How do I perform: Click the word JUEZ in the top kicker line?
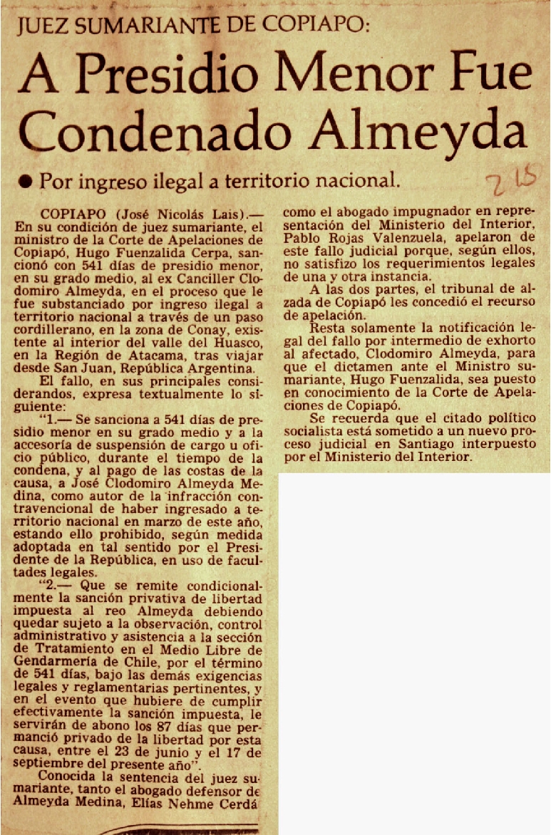point(44,26)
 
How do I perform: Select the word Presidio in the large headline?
point(165,74)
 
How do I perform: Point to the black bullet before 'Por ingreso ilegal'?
point(26,182)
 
